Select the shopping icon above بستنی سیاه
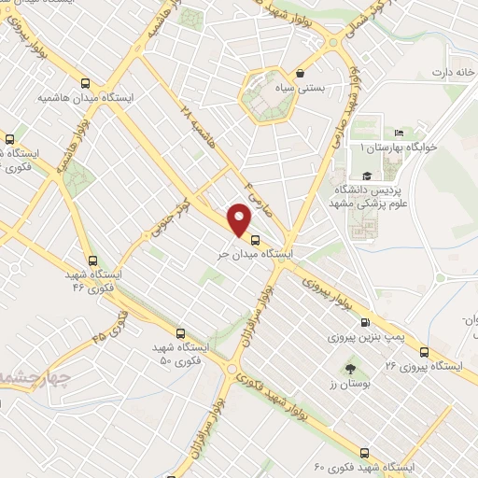tap(299, 73)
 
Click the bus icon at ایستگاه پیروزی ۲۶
tap(425, 352)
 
